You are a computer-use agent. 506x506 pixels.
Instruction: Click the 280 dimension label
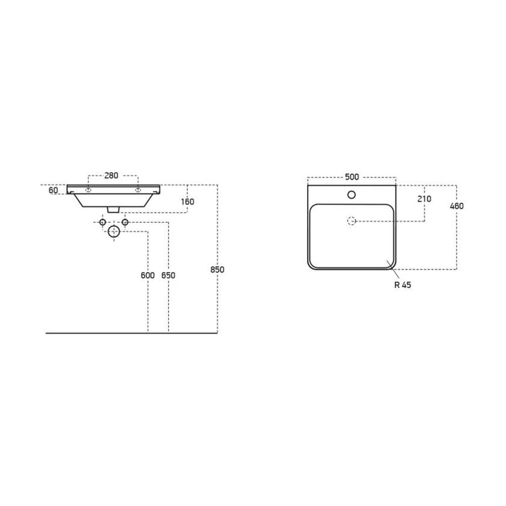(x=111, y=176)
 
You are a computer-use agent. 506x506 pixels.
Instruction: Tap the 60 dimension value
(x=53, y=190)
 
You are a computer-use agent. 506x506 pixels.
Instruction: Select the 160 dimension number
(x=188, y=202)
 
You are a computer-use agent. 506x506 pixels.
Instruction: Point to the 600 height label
(x=148, y=275)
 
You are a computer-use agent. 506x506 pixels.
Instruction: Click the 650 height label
(x=168, y=275)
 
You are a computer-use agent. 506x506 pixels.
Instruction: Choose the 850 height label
(x=217, y=269)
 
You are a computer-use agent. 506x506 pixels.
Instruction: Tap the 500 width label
(x=352, y=177)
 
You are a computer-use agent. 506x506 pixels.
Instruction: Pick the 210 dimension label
(x=424, y=199)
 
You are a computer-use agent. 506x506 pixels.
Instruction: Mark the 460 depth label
(x=456, y=206)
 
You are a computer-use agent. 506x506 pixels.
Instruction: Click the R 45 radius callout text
(x=403, y=285)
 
